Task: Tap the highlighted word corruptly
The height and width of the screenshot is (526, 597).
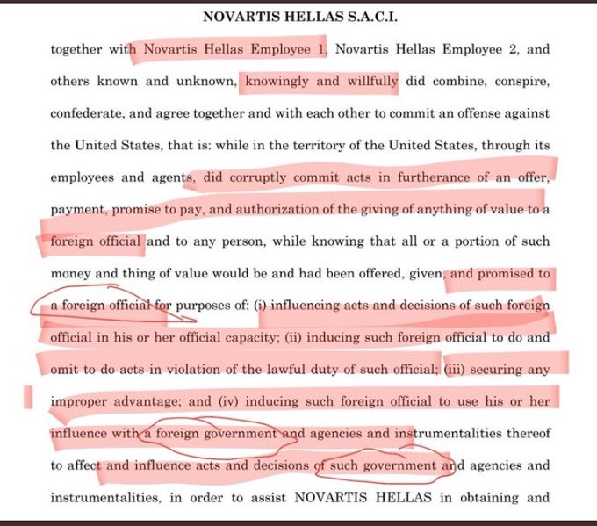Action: tap(263, 177)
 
